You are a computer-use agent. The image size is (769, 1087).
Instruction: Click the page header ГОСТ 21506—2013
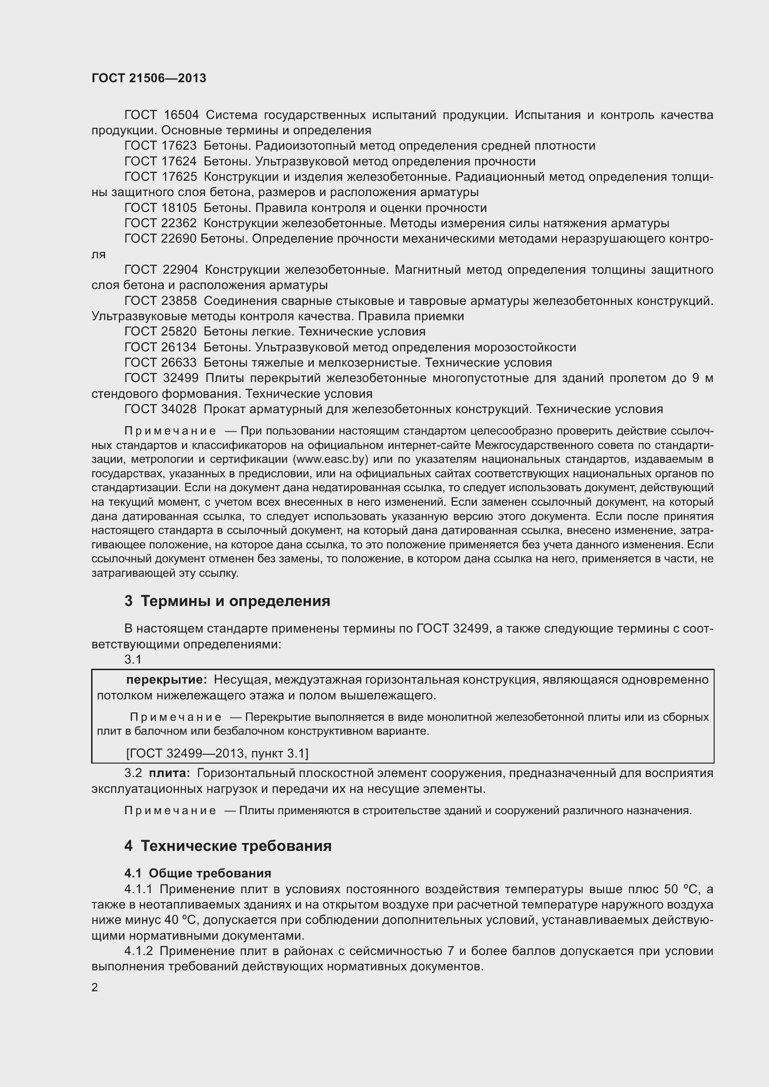(x=149, y=78)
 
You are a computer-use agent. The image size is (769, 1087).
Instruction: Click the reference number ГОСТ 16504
(x=161, y=115)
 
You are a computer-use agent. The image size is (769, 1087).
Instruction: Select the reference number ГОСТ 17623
(x=160, y=146)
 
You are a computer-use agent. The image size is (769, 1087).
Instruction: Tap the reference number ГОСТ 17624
(x=160, y=161)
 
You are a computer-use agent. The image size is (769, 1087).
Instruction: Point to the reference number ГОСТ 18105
(x=160, y=208)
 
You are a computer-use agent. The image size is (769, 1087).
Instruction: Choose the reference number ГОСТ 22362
(x=160, y=224)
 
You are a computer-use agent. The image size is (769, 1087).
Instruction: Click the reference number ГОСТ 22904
(x=161, y=270)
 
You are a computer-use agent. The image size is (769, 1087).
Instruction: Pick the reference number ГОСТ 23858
(x=160, y=301)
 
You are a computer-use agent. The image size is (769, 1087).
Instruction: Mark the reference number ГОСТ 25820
(x=160, y=331)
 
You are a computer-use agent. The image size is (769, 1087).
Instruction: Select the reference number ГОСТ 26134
(x=160, y=347)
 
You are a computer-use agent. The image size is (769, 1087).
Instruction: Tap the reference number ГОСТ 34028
(x=160, y=409)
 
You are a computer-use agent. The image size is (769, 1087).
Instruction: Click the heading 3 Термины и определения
(x=227, y=601)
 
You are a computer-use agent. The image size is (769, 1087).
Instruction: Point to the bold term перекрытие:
(x=166, y=680)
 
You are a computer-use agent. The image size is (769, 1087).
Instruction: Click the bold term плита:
(x=170, y=773)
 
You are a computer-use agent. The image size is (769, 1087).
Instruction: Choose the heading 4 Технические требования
(x=228, y=846)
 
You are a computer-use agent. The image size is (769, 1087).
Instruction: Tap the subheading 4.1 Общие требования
(x=198, y=873)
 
